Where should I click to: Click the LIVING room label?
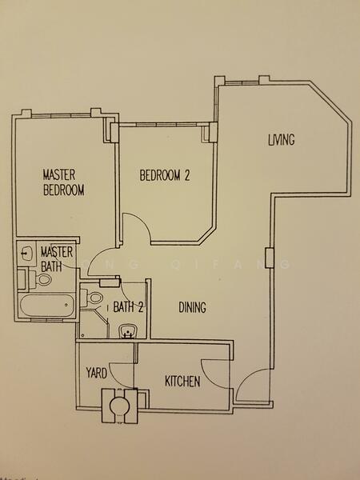[x=281, y=141]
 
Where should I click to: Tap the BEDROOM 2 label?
[x=165, y=175]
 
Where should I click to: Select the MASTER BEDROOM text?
[x=64, y=182]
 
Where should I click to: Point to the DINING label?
[x=193, y=307]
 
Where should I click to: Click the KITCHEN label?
[x=182, y=382]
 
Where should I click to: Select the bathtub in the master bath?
[x=46, y=306]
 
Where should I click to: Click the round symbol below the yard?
[x=119, y=404]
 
